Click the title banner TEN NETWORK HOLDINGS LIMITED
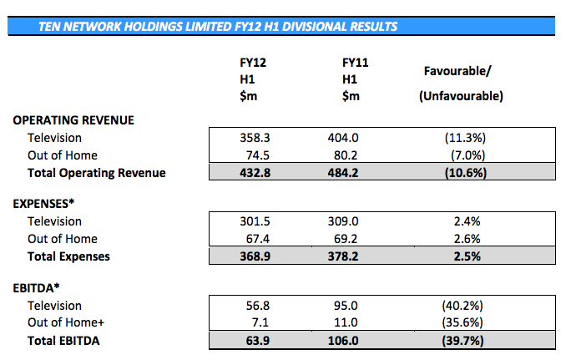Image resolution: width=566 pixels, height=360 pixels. tap(218, 26)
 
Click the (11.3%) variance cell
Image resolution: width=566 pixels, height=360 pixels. tap(461, 137)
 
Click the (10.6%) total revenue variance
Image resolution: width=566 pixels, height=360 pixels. tap(461, 173)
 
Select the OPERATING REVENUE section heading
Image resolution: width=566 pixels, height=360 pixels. tap(73, 120)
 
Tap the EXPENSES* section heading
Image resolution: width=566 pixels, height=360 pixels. tap(47, 204)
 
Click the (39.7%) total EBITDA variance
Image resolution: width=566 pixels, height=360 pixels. tap(461, 340)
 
